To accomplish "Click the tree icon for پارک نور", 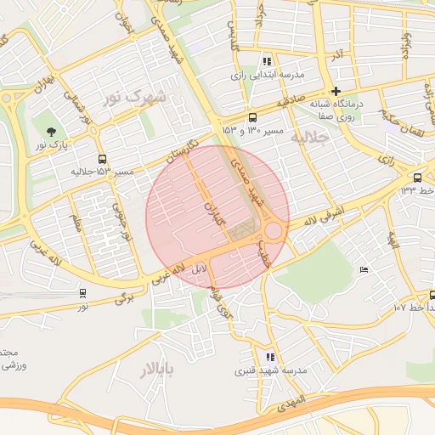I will click(53, 132).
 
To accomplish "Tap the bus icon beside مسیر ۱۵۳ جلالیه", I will click(103, 159).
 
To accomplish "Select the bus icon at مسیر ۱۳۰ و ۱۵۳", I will click(252, 118).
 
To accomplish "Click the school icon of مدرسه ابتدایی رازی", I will click(268, 60).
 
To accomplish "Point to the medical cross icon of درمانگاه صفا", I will click(336, 91).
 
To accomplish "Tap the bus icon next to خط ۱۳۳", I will click(417, 177).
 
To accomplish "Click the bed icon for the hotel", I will click(364, 269).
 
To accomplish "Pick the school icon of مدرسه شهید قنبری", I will click(270, 357).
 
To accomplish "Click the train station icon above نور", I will click(82, 292).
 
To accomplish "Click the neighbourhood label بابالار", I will click(156, 369).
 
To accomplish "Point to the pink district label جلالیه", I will click(308, 137).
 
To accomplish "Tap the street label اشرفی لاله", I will click(324, 211).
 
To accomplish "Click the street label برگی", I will click(124, 298).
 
